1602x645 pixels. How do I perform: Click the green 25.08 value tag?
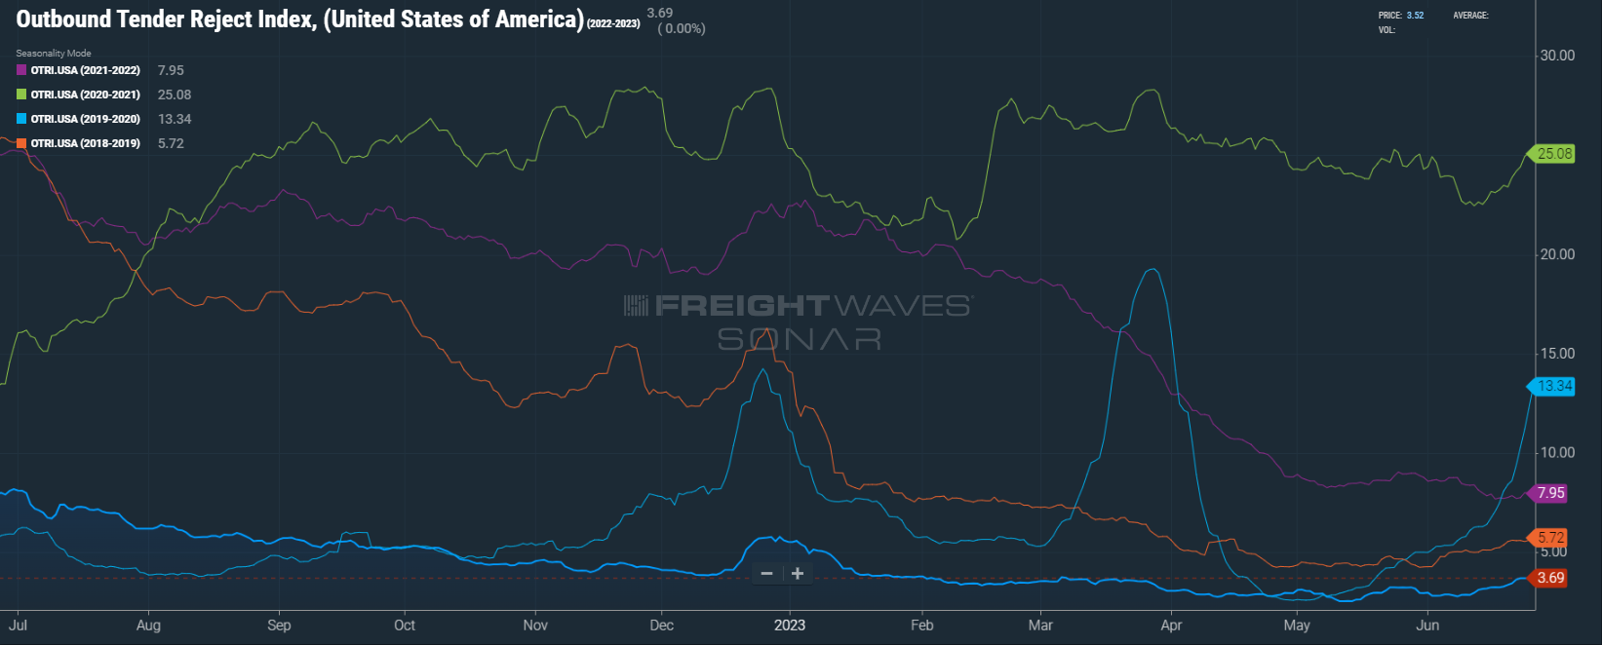click(1554, 154)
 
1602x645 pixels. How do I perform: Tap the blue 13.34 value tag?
click(1554, 387)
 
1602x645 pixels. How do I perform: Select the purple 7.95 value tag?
click(1550, 493)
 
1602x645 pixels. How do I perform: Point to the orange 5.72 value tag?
click(1550, 538)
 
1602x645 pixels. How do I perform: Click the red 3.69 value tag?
click(1550, 578)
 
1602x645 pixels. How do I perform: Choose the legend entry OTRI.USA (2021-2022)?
click(85, 70)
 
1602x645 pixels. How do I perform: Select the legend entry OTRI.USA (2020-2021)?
click(85, 95)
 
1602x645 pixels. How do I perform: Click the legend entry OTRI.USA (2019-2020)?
click(85, 119)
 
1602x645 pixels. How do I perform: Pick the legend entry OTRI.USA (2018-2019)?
click(85, 143)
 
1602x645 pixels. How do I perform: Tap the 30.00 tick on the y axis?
click(1557, 56)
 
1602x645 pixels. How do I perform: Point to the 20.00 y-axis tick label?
click(1557, 254)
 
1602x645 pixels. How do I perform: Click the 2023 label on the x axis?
click(790, 626)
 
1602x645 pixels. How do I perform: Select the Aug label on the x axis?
click(148, 626)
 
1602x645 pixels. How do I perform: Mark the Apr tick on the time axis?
click(1171, 626)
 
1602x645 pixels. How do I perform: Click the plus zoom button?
click(798, 574)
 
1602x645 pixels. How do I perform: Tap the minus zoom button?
click(767, 574)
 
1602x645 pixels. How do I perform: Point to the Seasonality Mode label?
click(54, 54)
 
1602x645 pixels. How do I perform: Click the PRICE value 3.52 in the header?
click(1415, 16)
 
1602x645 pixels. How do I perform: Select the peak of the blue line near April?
click(1154, 270)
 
